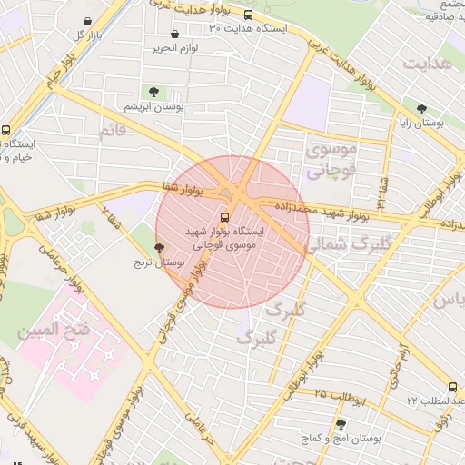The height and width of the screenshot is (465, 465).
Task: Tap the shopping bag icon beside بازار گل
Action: [86, 21]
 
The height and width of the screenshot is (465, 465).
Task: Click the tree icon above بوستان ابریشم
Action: [154, 92]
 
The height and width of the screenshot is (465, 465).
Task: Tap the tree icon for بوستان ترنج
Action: [160, 247]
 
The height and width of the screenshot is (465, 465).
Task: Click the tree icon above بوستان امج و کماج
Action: [341, 424]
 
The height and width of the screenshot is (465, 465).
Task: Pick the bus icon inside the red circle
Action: [224, 217]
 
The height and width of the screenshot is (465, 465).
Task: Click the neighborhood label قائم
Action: [113, 132]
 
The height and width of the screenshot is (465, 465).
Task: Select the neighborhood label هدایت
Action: [428, 64]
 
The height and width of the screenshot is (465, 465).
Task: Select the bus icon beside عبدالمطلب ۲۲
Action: [452, 388]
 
